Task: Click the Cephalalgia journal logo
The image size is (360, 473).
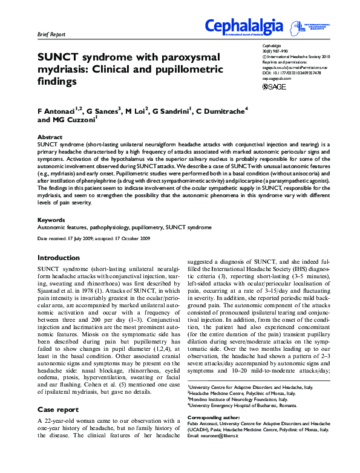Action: coord(243,27)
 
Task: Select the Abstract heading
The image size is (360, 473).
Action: coord(50,138)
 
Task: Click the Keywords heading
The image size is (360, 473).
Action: coord(51,220)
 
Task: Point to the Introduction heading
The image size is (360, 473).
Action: coord(59,257)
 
